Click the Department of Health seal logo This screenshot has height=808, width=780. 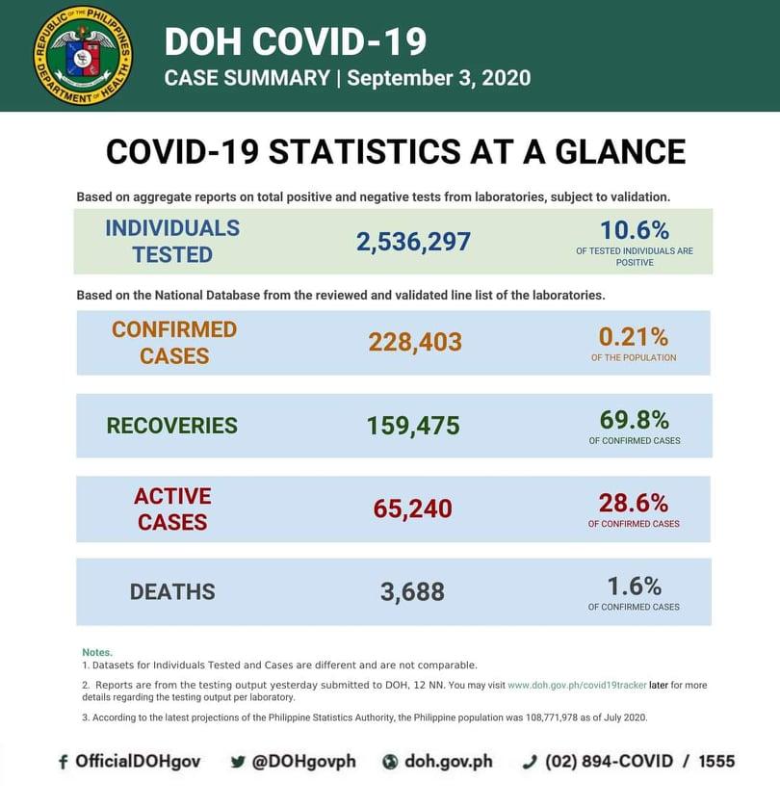(x=83, y=56)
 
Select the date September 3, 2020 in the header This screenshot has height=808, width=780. (x=438, y=78)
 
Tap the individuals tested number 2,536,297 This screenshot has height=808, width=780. (x=413, y=242)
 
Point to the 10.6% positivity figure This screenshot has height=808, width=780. (x=634, y=229)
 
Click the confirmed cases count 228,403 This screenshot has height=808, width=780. (x=415, y=342)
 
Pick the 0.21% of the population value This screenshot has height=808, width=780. (x=633, y=336)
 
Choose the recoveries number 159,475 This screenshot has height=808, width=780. (x=413, y=426)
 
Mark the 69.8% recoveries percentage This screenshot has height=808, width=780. (x=634, y=419)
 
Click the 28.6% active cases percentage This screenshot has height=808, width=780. (x=634, y=502)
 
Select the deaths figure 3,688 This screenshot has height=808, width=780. (x=412, y=591)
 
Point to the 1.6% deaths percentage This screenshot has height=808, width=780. (x=634, y=586)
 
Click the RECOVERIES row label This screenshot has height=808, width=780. (x=171, y=426)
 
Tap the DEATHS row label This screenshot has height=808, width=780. (x=172, y=591)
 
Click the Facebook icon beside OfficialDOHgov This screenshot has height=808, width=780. (x=64, y=762)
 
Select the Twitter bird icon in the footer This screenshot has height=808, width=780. (x=238, y=762)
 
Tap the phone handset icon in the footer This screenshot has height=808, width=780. (x=529, y=762)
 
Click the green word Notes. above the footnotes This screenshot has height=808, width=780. (x=97, y=652)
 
